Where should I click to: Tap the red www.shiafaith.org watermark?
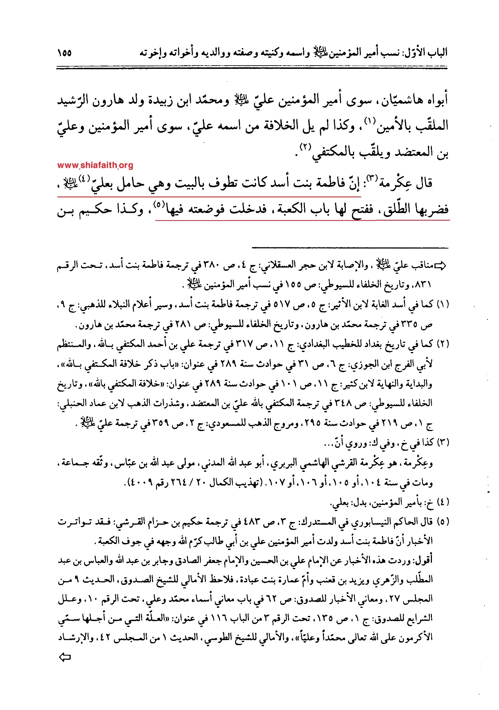95,165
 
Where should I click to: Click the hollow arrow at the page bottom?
65,657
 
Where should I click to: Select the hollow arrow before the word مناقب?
440,266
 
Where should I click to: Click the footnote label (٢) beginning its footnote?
443,344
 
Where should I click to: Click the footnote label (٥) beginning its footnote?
443,522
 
